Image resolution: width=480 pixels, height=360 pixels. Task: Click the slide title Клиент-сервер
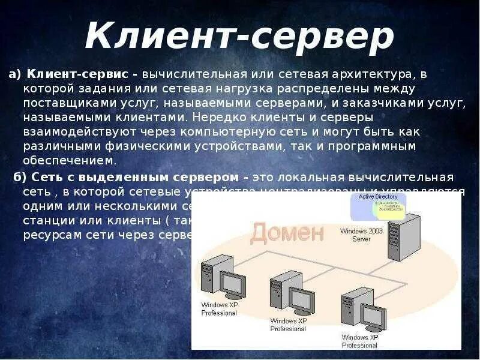pos(239,37)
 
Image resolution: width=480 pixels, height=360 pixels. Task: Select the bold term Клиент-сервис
pos(78,74)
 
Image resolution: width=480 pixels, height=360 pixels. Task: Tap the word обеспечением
pos(68,160)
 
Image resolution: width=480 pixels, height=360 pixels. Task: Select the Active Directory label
pos(378,196)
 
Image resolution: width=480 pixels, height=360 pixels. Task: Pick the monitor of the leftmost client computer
pos(232,284)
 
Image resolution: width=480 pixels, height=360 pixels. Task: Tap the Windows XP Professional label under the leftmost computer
pos(219,309)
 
